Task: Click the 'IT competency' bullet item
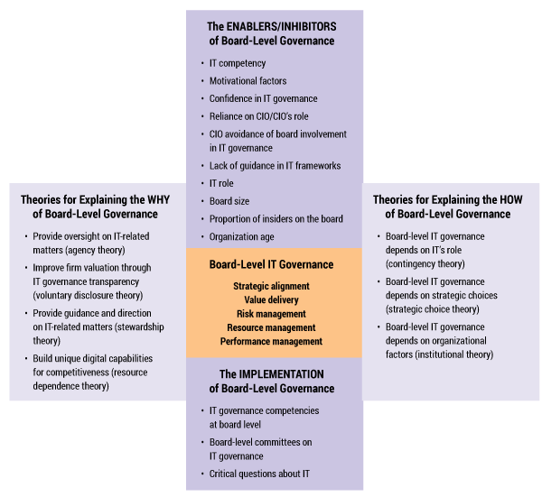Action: point(238,63)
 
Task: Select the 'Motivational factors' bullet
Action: point(248,81)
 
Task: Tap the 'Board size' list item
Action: point(229,201)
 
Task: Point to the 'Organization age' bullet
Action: point(241,236)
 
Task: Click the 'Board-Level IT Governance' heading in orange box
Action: point(271,265)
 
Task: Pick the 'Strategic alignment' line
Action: point(271,286)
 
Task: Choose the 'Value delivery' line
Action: point(271,299)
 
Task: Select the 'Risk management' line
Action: point(271,314)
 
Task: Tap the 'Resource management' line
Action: point(271,327)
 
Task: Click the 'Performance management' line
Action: point(271,342)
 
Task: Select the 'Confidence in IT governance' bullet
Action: point(263,98)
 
